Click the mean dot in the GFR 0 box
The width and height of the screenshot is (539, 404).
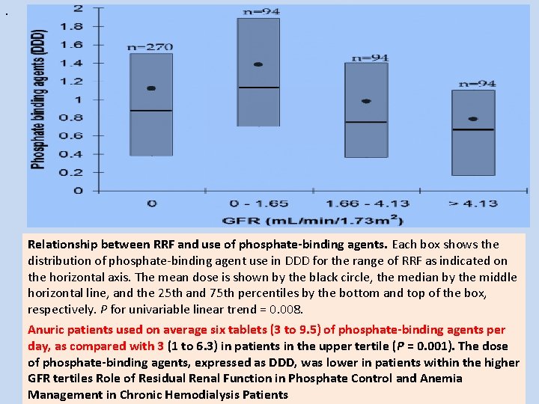tap(151, 88)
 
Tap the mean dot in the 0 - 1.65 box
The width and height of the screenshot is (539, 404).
tap(258, 64)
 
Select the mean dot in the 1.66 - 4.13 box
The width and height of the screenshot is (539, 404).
tap(366, 101)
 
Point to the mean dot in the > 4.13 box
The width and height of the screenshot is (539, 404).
tap(472, 119)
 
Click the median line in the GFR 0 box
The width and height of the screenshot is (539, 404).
tap(151, 111)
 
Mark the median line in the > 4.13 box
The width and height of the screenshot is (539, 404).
tap(472, 129)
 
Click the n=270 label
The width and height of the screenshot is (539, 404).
tap(150, 47)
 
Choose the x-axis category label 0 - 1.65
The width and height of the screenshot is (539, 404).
tap(258, 203)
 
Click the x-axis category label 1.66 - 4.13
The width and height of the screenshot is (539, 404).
tap(366, 203)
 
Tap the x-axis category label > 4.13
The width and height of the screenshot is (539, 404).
tap(472, 203)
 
